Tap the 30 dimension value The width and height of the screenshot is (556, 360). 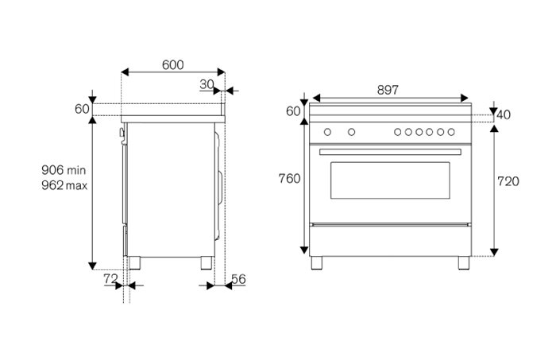(207, 84)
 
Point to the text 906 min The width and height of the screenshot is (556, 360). (64, 170)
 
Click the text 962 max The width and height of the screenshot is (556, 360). (64, 185)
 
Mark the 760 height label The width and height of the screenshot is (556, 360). (290, 179)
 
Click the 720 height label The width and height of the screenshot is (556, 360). (508, 182)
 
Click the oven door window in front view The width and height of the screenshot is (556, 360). (389, 181)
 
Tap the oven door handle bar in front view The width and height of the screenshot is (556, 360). (389, 151)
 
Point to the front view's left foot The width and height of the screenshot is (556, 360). (319, 261)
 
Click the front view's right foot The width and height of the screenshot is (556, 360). (462, 261)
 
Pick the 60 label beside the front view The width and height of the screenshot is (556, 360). (293, 111)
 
